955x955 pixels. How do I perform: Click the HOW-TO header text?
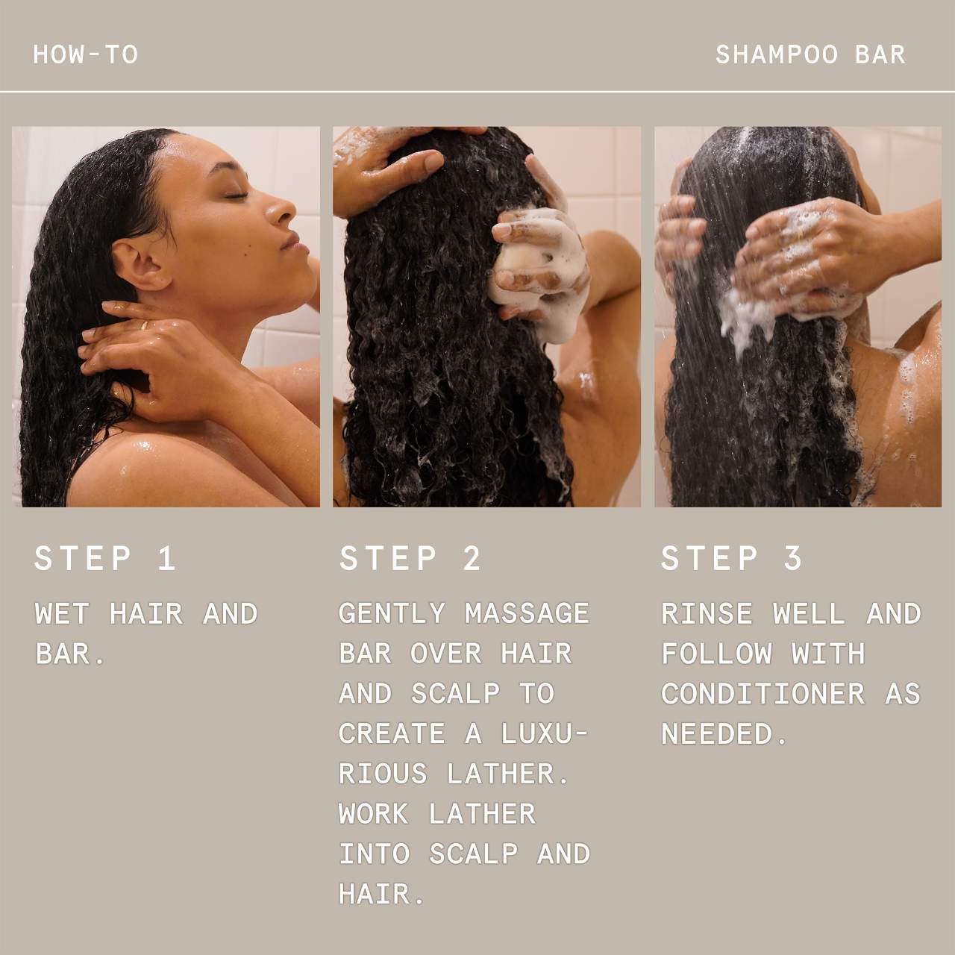(x=86, y=54)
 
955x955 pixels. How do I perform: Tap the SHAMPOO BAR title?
(x=811, y=54)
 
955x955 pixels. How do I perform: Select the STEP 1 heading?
(x=105, y=559)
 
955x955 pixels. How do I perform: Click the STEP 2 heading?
(x=410, y=559)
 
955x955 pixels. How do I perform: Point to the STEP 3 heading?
(x=732, y=559)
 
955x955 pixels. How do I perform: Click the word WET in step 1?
(x=62, y=613)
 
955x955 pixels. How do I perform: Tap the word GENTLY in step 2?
(x=392, y=613)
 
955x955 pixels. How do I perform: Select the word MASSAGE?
(x=527, y=613)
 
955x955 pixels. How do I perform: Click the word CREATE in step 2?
(x=392, y=733)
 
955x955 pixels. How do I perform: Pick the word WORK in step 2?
(x=374, y=814)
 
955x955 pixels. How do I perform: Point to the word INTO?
(x=375, y=854)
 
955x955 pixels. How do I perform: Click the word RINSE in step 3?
(x=707, y=613)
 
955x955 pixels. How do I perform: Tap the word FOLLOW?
(x=716, y=654)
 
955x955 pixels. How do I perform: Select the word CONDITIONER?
(x=763, y=694)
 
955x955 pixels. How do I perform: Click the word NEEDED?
(x=716, y=733)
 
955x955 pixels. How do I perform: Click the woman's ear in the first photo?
(x=139, y=265)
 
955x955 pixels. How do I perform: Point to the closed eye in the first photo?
(x=236, y=195)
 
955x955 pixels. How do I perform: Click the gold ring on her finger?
(x=144, y=325)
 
